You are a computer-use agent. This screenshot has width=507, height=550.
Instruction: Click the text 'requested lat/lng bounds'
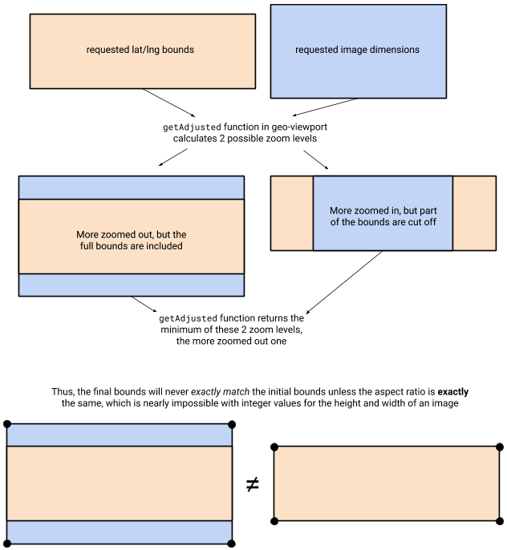coord(140,50)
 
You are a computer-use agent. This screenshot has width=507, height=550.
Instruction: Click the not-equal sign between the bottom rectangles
coord(253,484)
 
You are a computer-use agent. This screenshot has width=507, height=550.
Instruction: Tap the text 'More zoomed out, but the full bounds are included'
coord(130,240)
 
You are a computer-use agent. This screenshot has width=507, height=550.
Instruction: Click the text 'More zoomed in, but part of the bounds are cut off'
coord(383,216)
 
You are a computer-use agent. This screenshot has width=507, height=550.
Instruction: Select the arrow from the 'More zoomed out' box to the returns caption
coord(144,305)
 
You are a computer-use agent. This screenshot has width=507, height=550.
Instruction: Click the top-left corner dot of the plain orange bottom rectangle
coord(274,447)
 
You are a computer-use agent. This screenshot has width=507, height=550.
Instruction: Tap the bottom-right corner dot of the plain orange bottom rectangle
coord(501,521)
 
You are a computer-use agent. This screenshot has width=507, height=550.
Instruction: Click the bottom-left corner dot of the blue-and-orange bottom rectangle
coord(6,544)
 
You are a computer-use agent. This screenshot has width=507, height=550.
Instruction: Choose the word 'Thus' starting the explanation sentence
coord(63,392)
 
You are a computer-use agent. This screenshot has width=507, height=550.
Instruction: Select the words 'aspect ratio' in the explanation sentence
coord(383,392)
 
